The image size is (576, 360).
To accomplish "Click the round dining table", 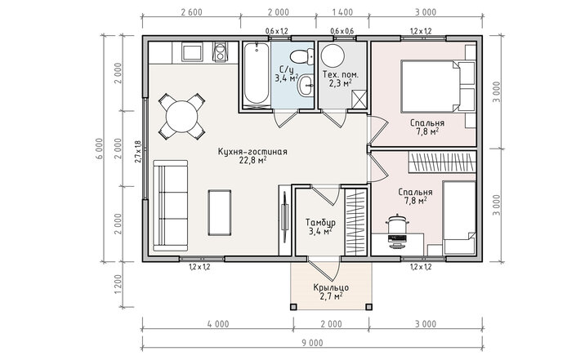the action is pos(182,117).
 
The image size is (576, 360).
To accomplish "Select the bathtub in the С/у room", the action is pos(256,73).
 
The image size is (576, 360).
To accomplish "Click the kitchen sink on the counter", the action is pos(192,53).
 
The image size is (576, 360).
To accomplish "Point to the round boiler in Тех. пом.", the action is pos(333,56).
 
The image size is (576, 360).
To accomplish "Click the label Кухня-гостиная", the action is pos(252,152).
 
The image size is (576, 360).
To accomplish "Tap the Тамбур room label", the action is pos(320,222).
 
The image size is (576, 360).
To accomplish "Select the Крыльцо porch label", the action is pos(331,287).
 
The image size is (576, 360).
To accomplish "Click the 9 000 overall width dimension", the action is pos(312,343).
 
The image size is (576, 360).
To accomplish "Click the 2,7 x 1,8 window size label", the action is pos(138,152).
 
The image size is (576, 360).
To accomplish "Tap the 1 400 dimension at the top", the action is pos(342,12).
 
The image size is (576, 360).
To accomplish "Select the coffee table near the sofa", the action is pos(220,212).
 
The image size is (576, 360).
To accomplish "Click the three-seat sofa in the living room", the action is pos(171,206).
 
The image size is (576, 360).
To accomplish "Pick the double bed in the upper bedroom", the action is pos(431,87).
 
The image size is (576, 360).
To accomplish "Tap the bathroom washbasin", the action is pos(306,86).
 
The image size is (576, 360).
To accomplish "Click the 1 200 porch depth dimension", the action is pos(118,284).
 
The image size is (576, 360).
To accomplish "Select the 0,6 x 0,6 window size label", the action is pos(342,31).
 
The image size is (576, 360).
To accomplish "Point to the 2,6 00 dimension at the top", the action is pos(191,12).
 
